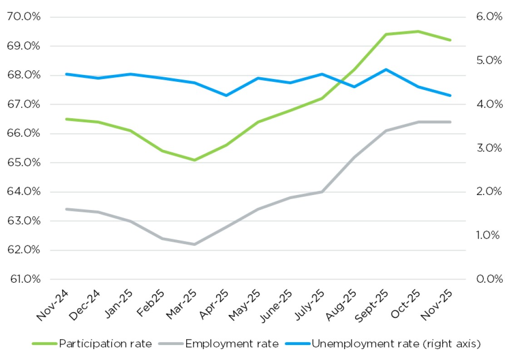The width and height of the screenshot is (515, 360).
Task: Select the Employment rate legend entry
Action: pos(232,344)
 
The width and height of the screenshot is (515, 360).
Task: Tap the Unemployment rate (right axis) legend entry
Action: pos(395,344)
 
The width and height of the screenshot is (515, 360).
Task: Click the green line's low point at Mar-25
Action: pos(194,160)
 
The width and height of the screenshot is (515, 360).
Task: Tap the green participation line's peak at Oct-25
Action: pos(418,31)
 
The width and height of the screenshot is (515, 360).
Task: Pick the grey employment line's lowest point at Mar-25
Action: pos(194,244)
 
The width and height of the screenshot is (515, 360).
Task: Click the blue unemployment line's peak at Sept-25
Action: pos(386,70)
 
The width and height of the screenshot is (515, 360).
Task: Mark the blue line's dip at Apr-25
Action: pos(226,95)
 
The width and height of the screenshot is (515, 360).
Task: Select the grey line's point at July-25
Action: pos(322,192)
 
